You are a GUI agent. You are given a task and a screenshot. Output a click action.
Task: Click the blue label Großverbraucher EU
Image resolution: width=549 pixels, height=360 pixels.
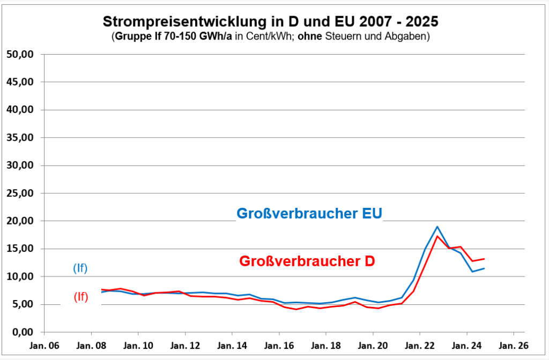309,214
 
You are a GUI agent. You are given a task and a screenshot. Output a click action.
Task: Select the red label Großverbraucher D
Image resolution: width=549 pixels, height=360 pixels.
307,261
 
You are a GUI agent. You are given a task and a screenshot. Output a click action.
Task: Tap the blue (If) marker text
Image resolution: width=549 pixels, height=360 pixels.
80,268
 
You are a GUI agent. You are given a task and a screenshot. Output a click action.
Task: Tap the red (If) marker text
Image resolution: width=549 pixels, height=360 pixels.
80,297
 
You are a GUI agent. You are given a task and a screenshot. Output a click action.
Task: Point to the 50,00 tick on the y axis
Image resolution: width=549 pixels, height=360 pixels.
20,55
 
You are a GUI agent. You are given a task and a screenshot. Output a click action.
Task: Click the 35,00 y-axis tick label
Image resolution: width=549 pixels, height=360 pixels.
20,138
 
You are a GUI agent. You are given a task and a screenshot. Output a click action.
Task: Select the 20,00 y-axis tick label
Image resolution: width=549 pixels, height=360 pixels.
20,221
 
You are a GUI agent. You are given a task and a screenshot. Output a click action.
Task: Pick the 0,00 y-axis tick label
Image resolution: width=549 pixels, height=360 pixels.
23,332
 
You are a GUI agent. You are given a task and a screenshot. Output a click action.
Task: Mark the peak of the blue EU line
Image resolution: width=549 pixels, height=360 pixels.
437,227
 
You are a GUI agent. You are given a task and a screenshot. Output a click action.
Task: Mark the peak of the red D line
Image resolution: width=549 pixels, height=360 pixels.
437,236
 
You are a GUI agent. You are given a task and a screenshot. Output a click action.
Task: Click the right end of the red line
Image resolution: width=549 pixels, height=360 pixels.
484,259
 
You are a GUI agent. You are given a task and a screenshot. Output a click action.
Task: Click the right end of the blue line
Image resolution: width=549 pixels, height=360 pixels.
484,268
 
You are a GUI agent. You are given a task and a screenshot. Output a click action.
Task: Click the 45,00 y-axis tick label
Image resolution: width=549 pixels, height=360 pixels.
20,82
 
